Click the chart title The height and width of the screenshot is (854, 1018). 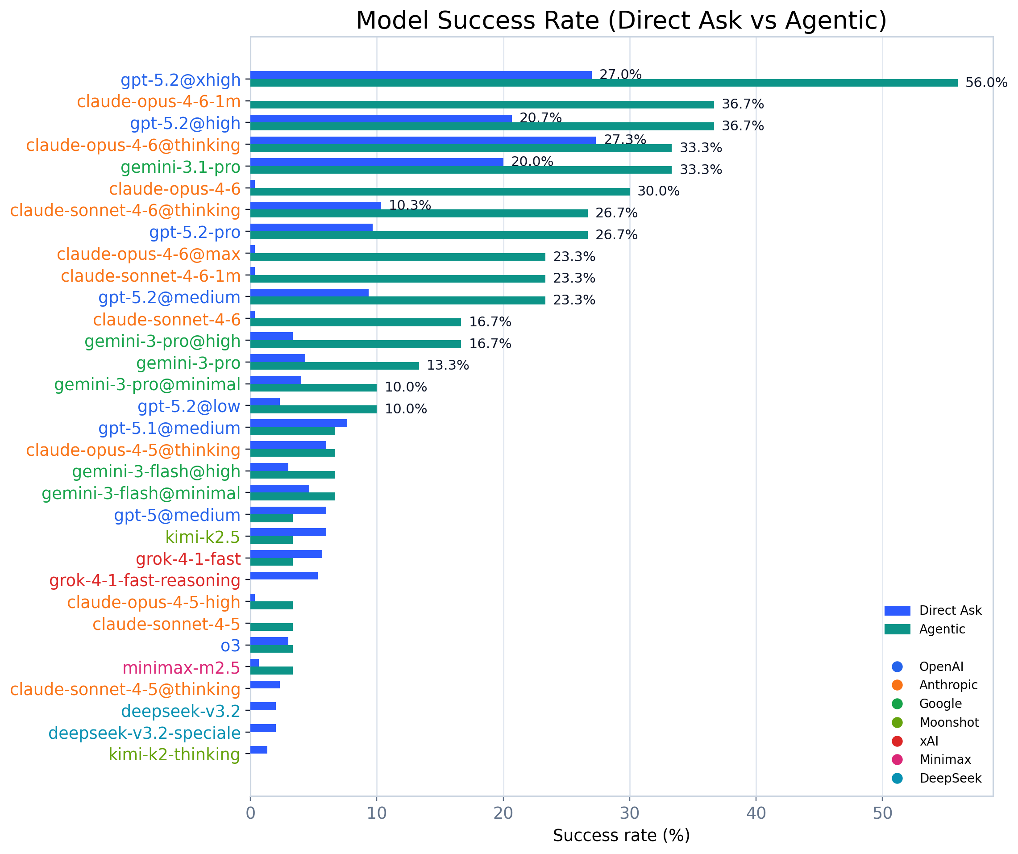[x=621, y=21]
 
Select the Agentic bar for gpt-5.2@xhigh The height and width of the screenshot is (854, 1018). [x=603, y=83]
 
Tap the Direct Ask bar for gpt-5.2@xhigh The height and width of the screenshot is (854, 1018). [x=421, y=75]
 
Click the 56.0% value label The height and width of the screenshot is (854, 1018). [x=986, y=83]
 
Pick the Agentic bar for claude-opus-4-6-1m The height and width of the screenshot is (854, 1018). [x=482, y=105]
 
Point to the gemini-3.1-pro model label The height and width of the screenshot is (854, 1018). [x=180, y=167]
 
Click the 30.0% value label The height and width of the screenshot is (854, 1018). [x=658, y=192]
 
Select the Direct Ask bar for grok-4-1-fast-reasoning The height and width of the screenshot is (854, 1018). [x=284, y=576]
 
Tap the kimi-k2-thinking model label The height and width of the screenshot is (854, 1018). [x=174, y=754]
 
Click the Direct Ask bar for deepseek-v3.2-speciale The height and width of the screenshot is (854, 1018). [x=263, y=729]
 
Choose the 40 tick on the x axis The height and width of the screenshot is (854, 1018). [x=756, y=813]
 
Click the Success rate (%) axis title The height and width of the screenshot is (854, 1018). [x=621, y=836]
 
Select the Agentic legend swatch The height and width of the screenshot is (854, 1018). [x=898, y=629]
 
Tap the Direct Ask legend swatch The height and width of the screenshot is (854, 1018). [x=898, y=611]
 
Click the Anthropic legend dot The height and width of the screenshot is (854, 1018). [x=898, y=685]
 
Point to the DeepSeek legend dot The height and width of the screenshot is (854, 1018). [x=898, y=779]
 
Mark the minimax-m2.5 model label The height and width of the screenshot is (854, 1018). [x=181, y=668]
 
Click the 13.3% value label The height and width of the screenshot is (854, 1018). [x=448, y=366]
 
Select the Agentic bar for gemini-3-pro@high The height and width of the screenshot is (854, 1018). [x=355, y=344]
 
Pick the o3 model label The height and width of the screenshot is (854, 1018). [x=230, y=646]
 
